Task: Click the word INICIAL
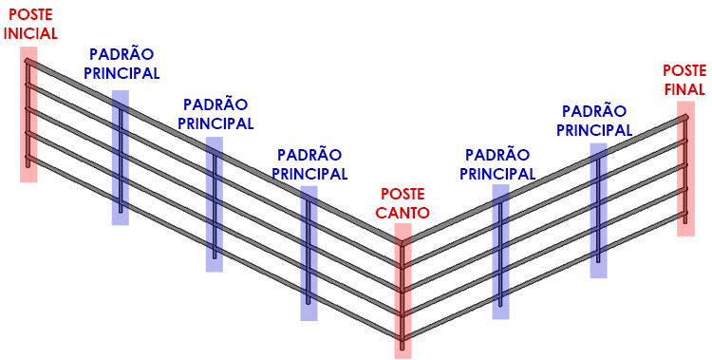[30, 32]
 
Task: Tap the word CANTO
[403, 212]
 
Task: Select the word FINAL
[684, 89]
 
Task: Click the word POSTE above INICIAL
[30, 14]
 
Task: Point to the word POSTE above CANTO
[403, 194]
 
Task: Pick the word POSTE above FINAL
[684, 71]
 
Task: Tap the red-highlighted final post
[685, 176]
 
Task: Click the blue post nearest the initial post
[121, 157]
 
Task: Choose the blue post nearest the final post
[598, 209]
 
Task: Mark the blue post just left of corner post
[309, 252]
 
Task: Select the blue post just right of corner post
[500, 252]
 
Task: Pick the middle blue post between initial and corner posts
[215, 204]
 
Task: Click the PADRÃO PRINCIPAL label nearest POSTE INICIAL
[122, 64]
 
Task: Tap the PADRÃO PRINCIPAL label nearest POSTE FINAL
[594, 121]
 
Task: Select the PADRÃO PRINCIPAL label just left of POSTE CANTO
[309, 164]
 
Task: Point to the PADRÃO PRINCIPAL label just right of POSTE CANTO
[497, 164]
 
